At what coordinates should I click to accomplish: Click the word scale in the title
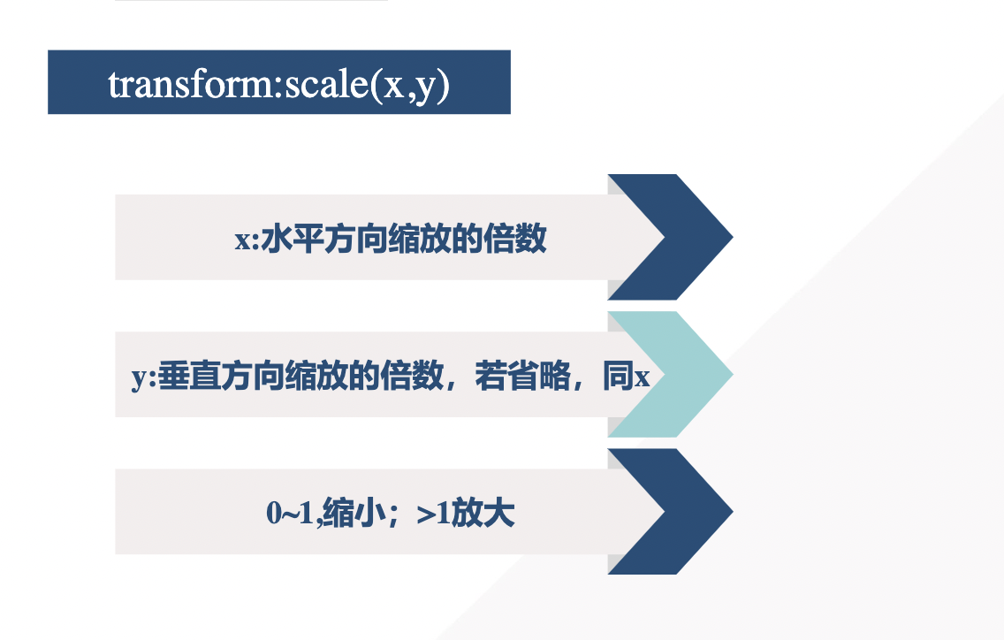[319, 84]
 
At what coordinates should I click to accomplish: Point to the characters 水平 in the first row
[289, 240]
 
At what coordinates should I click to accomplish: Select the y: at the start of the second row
[144, 377]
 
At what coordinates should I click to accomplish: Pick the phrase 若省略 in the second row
[521, 377]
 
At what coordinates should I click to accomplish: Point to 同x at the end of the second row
[626, 377]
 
